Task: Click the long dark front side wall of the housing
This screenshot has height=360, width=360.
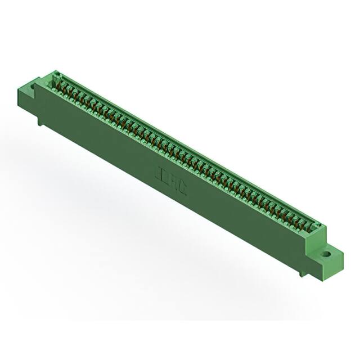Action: (x=169, y=186)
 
